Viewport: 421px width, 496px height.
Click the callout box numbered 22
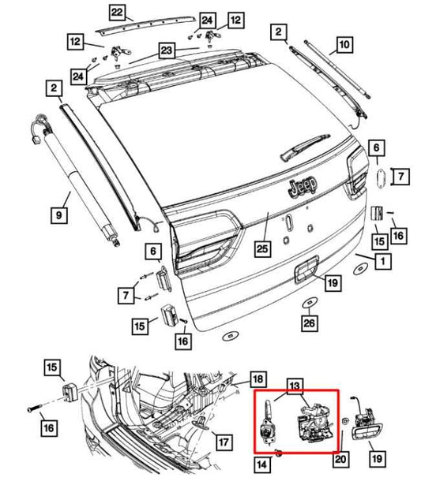[x=117, y=12]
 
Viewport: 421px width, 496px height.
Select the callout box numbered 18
[x=257, y=379]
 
